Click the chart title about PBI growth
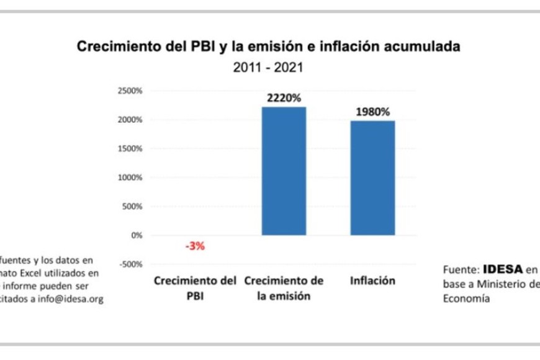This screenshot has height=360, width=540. pos(268,47)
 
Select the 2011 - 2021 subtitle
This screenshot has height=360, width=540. pos(268,67)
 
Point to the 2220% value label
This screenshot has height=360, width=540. pos(284,98)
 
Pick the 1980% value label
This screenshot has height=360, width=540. pos(372,112)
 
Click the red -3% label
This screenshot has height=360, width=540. pos(195,246)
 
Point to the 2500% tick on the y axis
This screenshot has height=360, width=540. pos(130,91)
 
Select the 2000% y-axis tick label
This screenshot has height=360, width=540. pos(130,120)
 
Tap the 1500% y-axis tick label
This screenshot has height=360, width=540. pos(130,148)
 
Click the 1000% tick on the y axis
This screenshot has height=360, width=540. pos(130,178)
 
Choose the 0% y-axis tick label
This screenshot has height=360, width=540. pos(137,235)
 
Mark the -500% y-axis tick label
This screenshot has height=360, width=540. pos(130,264)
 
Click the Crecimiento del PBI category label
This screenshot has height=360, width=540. pos(195,288)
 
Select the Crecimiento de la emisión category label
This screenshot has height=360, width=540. pos(284,288)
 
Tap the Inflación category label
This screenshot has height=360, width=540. pos(372,281)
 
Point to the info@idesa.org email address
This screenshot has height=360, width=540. pos(70,299)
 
